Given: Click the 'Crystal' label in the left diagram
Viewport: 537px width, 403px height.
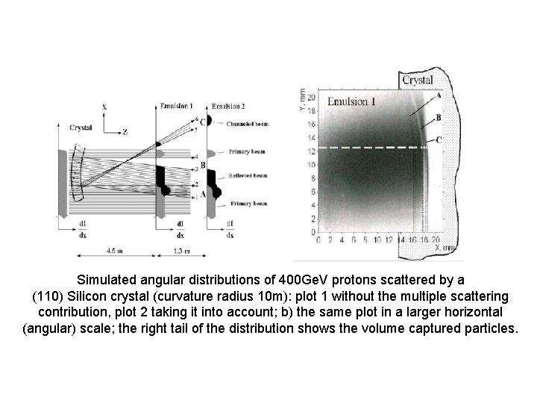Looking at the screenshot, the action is point(81,128).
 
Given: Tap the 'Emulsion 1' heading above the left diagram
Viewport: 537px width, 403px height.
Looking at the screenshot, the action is point(177,107).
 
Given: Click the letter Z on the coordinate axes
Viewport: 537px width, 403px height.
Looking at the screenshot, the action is point(125,131).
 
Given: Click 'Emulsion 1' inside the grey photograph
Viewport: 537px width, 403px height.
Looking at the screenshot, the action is point(351,101).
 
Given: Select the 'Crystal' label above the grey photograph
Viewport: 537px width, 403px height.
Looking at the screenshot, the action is point(418,80).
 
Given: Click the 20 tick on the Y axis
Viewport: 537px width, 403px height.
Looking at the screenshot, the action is point(311,98).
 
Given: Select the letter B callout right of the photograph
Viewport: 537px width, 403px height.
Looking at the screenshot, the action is point(439,117).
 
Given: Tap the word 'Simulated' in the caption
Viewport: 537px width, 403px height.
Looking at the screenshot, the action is point(111,280).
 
